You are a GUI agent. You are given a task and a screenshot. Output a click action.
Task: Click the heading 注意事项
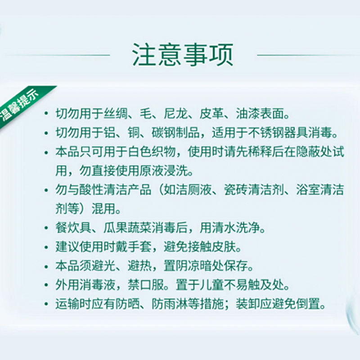[183, 55]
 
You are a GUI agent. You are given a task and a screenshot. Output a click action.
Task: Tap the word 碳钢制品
[175, 133]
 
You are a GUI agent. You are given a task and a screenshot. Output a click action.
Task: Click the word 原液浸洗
[164, 171]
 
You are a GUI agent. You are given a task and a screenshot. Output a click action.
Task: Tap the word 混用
[104, 209]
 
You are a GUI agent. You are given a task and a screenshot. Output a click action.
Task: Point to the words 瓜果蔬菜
[128, 228]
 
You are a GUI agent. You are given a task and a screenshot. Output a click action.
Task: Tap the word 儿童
[212, 285]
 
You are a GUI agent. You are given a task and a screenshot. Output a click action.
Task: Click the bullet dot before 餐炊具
[47, 228]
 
